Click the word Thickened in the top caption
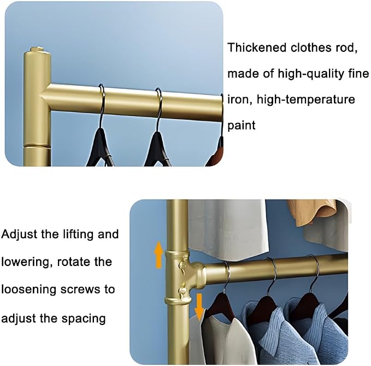(257, 48)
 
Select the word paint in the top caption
(242, 126)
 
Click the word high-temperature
(305, 99)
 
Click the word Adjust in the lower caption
(19, 235)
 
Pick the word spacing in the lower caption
(84, 319)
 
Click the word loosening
(28, 290)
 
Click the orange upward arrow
(158, 255)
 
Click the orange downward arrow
(199, 306)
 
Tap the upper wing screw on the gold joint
(182, 264)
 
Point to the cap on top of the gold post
(37, 50)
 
